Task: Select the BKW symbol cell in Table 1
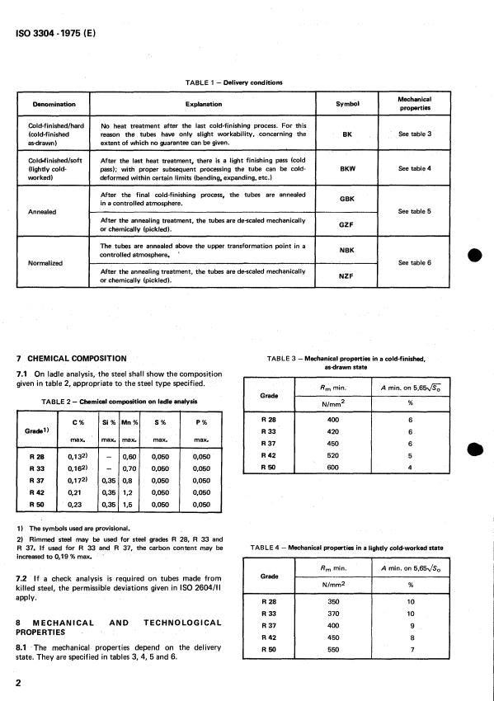click(x=348, y=168)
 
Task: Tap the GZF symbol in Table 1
click(x=348, y=223)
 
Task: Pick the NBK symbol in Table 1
click(x=348, y=252)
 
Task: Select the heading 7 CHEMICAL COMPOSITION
click(x=72, y=359)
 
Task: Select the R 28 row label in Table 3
click(x=267, y=420)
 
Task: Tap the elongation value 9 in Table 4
click(x=409, y=626)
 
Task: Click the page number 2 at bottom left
click(x=19, y=684)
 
